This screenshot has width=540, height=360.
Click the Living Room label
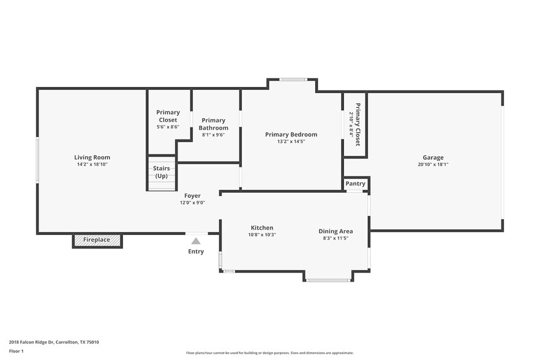coord(92,157)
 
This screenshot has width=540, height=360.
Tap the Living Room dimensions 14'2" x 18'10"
coord(92,164)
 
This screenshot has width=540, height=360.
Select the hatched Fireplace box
coord(97,240)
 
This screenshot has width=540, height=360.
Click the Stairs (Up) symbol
coord(162,173)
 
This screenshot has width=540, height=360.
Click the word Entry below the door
coord(197,252)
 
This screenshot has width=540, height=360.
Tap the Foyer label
coord(192,196)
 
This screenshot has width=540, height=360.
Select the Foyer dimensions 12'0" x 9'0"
coord(192,203)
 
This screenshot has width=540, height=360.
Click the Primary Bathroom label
coord(213,124)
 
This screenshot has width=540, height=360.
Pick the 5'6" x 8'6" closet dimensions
coord(168,127)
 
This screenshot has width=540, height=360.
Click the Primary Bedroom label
coord(291,135)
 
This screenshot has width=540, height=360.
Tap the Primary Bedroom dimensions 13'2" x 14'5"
coord(291,141)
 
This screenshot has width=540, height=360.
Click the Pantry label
coord(355,184)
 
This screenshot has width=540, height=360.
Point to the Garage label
coord(433,157)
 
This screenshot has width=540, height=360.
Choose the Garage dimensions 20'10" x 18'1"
coord(433,164)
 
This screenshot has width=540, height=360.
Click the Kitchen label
coord(262,228)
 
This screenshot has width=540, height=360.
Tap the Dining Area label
coord(336,231)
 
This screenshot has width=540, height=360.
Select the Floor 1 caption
coord(16,351)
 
